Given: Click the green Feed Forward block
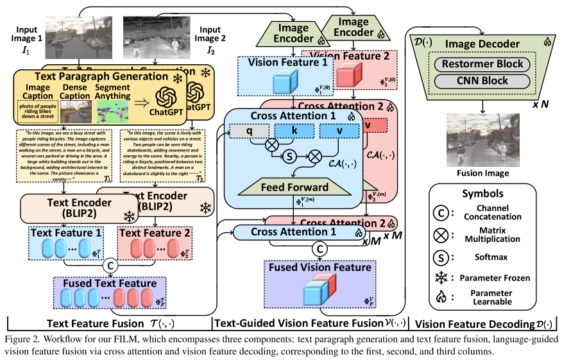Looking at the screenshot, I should [295, 188].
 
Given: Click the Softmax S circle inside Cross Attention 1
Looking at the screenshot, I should [291, 155].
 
